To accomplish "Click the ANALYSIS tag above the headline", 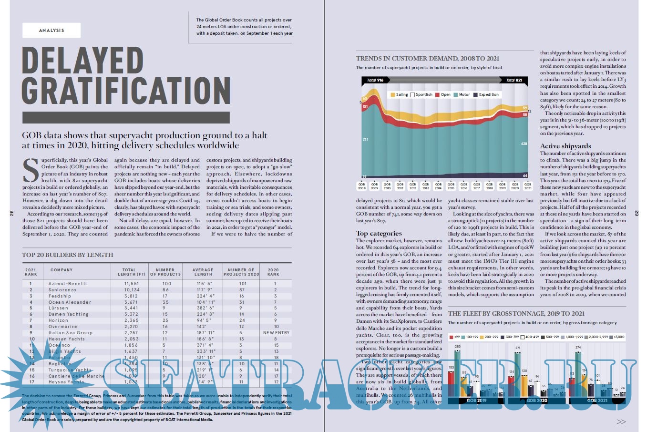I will click(51, 31).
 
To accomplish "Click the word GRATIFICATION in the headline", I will click(126, 91).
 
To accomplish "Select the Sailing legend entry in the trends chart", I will click(400, 94).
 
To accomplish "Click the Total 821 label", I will click(513, 80).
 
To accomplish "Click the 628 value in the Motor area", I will click(524, 144).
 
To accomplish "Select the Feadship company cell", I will click(60, 296).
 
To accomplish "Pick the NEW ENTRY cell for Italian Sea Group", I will click(276, 333).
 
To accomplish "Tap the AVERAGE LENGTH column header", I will click(203, 272).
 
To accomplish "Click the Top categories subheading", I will click(379, 233).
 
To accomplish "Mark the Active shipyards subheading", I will click(565, 146).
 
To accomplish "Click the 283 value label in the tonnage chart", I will click(457, 347).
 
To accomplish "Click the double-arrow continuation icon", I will click(621, 422).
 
